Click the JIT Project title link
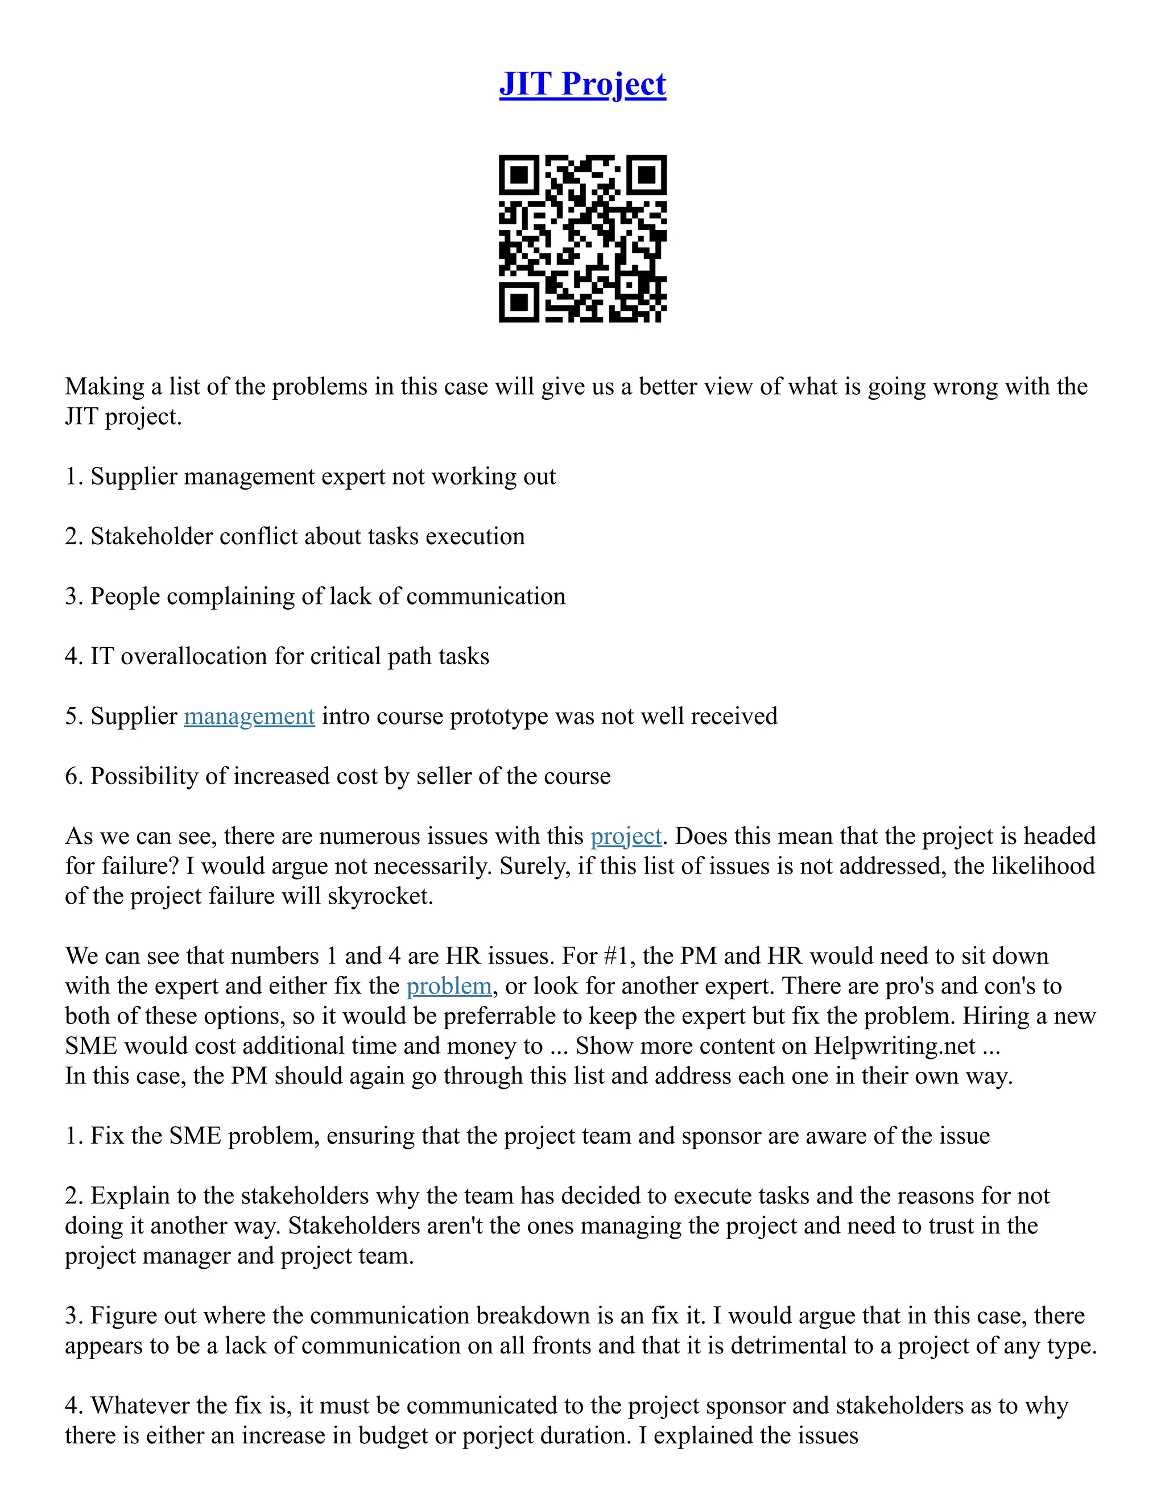582,84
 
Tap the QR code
582,238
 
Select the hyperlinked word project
626,837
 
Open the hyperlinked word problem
449,986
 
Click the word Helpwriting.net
894,1046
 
